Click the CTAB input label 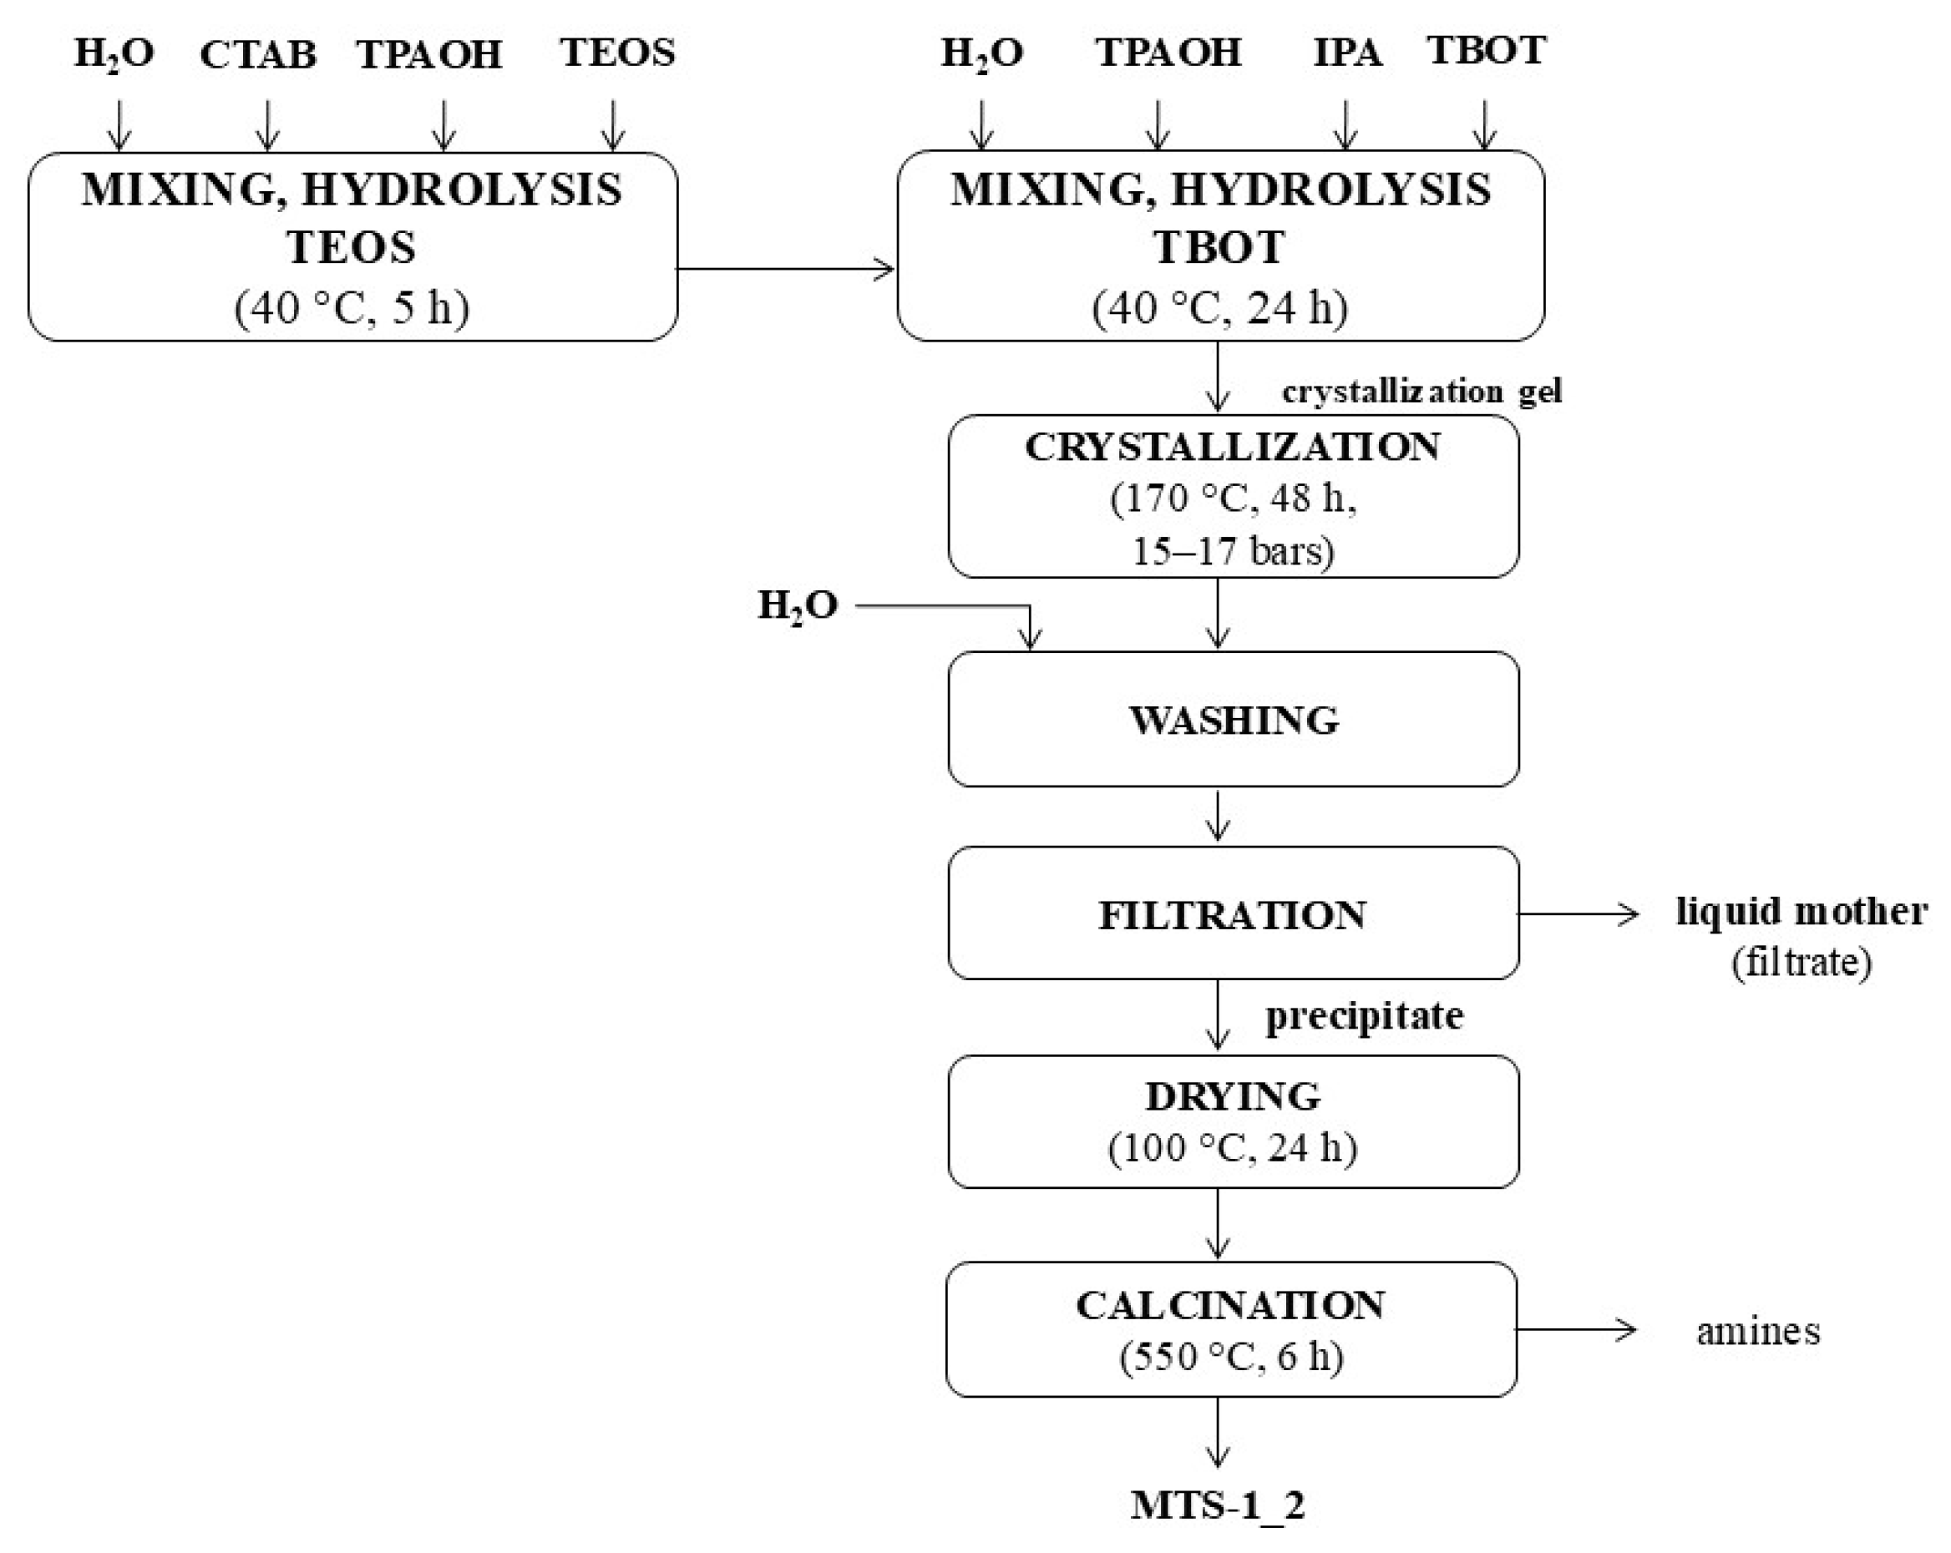point(258,55)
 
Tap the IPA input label point(1347,53)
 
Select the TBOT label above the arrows point(1487,50)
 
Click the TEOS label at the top point(617,53)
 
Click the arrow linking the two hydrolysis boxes point(785,269)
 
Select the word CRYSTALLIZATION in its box point(1233,447)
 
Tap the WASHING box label point(1234,720)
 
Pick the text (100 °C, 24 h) point(1233,1148)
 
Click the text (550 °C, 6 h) point(1232,1357)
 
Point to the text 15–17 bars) point(1233,550)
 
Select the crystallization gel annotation point(1421,392)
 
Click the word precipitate point(1364,1016)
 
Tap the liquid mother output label point(1801,911)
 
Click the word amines point(1757,1332)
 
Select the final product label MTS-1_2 point(1218,1505)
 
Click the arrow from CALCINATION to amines point(1575,1329)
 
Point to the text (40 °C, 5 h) point(352,308)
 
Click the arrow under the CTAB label point(267,124)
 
